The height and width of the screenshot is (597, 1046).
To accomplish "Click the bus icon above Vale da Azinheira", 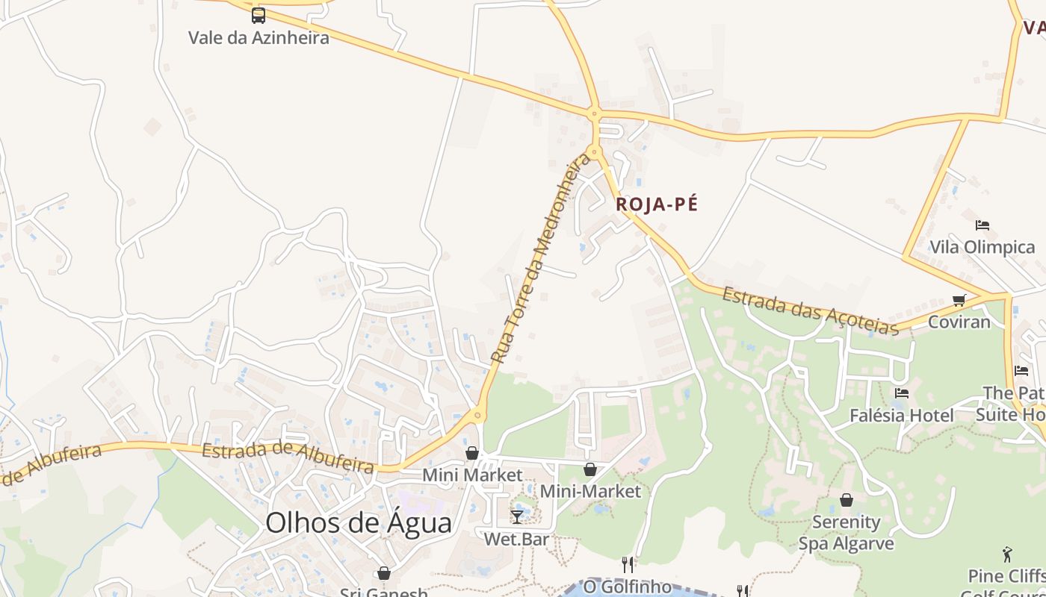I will click(259, 15).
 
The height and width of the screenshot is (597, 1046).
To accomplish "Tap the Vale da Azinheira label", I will click(259, 37).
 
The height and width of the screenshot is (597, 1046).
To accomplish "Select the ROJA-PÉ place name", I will click(657, 204).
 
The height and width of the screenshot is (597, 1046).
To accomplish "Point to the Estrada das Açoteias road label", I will click(810, 310).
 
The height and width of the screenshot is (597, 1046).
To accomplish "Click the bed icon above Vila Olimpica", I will click(982, 225).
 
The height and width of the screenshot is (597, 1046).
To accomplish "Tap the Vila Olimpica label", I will click(982, 247).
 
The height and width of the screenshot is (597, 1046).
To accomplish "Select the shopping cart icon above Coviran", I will click(959, 300).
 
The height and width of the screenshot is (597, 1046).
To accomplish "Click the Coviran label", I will click(959, 322).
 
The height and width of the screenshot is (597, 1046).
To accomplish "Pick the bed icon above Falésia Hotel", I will click(902, 393).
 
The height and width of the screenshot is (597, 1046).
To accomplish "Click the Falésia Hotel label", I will click(902, 416).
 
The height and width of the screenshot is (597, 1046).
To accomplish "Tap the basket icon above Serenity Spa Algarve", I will click(847, 500).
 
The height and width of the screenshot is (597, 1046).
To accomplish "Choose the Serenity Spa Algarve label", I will click(847, 532).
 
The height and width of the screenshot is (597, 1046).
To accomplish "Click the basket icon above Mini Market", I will click(472, 453).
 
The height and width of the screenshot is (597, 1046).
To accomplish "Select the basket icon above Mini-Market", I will click(590, 469).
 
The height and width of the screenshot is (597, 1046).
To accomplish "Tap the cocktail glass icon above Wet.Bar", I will click(516, 516).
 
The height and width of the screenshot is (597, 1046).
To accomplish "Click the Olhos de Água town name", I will click(359, 522).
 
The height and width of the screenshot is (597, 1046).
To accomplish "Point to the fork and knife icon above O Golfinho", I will click(628, 565).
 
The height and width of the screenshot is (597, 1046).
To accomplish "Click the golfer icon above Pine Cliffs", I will click(1007, 554).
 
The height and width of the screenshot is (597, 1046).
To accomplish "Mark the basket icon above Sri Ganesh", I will click(384, 573).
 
